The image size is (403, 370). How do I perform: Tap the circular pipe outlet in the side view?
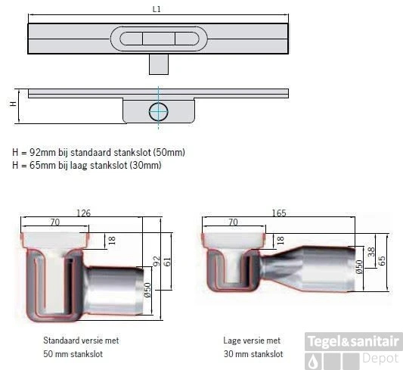coord(158,111)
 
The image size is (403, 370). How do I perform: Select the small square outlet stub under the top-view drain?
coord(158,65)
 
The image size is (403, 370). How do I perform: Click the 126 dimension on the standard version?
coord(84,213)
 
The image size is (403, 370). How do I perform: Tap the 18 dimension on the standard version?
coord(112,240)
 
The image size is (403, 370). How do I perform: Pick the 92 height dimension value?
coord(157,262)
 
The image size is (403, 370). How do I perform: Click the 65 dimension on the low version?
coord(383,260)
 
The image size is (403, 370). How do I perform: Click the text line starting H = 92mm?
coord(98,152)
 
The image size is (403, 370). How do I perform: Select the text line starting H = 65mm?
coord(87,164)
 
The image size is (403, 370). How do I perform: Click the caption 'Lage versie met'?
coord(251,341)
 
